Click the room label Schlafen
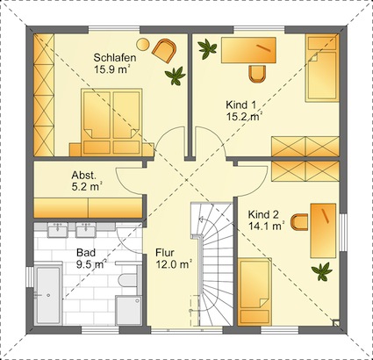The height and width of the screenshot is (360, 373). pyautogui.click(x=115, y=58)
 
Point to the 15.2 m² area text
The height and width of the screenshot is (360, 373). pyautogui.click(x=243, y=117)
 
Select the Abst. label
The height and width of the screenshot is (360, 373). pyautogui.click(x=83, y=176)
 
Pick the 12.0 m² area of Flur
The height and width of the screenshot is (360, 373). pyautogui.click(x=174, y=264)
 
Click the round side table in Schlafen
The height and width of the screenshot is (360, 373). pyautogui.click(x=143, y=45)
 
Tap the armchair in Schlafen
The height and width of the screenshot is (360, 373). pyautogui.click(x=165, y=50)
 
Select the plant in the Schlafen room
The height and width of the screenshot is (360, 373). pyautogui.click(x=175, y=76)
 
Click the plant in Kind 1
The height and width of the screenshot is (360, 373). pyautogui.click(x=207, y=48)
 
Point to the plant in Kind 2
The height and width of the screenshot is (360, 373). pyautogui.click(x=322, y=271)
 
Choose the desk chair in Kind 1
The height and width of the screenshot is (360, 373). pyautogui.click(x=257, y=74)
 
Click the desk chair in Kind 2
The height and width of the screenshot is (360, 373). pyautogui.click(x=299, y=222)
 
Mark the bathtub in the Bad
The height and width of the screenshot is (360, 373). pyautogui.click(x=47, y=294)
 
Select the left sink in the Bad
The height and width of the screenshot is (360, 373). pyautogui.click(x=58, y=230)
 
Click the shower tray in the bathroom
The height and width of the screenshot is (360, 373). pyautogui.click(x=129, y=310)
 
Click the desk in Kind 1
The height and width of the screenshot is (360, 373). pyautogui.click(x=248, y=50)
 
